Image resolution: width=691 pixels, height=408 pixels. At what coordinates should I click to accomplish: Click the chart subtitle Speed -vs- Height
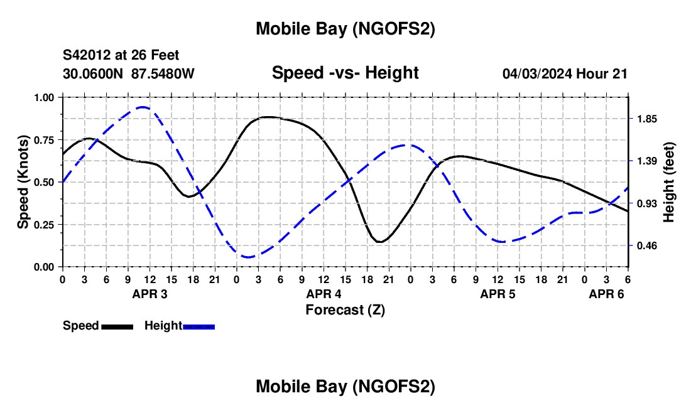345,73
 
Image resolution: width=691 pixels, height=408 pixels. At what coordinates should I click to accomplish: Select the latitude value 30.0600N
94,73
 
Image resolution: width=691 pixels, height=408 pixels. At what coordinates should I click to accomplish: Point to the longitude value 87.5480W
163,73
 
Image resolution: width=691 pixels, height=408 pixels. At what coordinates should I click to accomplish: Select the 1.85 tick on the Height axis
646,119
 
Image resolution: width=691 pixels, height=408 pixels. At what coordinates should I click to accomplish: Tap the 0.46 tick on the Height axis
646,245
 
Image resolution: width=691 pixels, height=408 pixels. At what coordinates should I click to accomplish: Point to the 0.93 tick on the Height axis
646,203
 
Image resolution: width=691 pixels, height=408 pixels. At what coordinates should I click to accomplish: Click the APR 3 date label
150,294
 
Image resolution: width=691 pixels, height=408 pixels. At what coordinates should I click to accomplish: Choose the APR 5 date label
498,294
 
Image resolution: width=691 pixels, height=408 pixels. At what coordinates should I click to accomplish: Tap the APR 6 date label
606,294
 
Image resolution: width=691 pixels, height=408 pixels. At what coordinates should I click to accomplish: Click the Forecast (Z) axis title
345,309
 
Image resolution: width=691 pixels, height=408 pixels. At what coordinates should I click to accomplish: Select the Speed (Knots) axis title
23,182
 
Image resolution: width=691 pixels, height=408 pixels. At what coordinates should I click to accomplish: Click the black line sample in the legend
117,326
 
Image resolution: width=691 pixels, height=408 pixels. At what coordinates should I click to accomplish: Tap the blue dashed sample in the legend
199,326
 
